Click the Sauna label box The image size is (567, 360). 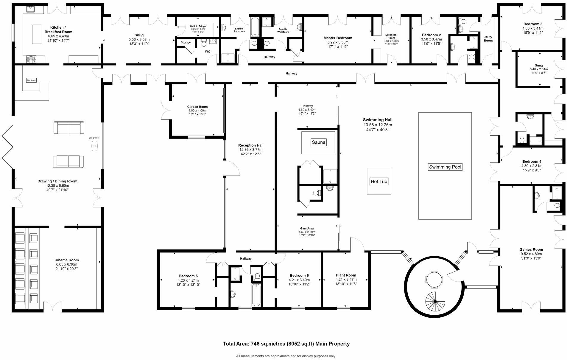pyautogui.click(x=318, y=142)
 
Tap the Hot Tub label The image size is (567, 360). pyautogui.click(x=379, y=181)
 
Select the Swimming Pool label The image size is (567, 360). pyautogui.click(x=445, y=167)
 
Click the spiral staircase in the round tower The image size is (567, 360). pyautogui.click(x=435, y=302)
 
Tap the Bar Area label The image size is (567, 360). pyautogui.click(x=31, y=80)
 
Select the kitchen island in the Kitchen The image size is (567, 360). pyautogui.click(x=37, y=34)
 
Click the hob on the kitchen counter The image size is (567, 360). pyautogui.click(x=31, y=59)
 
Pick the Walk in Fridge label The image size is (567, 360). pyautogui.click(x=198, y=26)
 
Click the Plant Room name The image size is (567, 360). pyautogui.click(x=346, y=275)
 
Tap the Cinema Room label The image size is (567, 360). pyautogui.click(x=66, y=260)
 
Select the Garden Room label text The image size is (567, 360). pyautogui.click(x=197, y=107)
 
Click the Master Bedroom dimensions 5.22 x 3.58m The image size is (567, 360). pyautogui.click(x=338, y=42)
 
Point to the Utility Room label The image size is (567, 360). pyautogui.click(x=488, y=39)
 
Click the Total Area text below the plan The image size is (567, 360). pyautogui.click(x=286, y=344)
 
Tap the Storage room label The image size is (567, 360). pyautogui.click(x=186, y=42)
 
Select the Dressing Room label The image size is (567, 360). pyautogui.click(x=391, y=36)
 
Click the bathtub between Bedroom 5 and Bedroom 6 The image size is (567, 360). pyautogui.click(x=256, y=295)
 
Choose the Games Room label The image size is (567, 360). pyautogui.click(x=531, y=249)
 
